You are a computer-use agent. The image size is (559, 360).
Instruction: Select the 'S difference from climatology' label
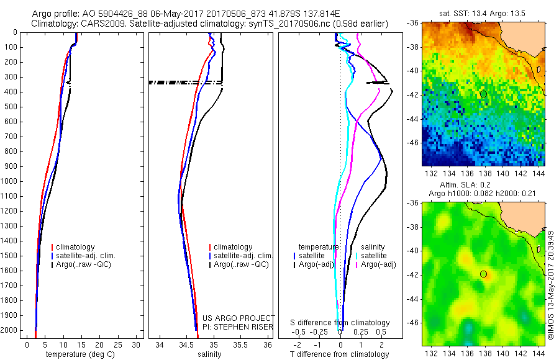340,323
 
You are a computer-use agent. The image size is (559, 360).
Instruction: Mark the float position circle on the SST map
483,94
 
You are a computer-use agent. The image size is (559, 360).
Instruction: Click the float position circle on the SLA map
483,274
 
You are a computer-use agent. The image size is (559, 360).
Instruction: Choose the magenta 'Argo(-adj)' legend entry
375,265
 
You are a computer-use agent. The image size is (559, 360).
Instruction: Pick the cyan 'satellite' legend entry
374,256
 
